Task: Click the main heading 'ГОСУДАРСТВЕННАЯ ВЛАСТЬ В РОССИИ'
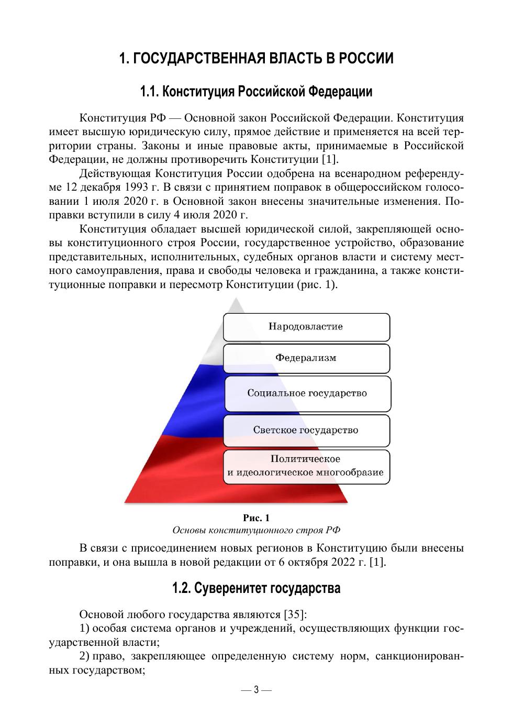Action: pos(256,58)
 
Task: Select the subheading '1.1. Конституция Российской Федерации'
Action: pos(256,92)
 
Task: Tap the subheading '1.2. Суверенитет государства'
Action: pos(256,588)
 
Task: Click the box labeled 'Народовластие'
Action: pos(306,327)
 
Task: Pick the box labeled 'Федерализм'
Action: pos(306,358)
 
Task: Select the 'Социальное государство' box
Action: pos(307,393)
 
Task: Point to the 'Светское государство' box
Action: pos(306,431)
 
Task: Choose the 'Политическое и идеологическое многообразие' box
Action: pos(306,466)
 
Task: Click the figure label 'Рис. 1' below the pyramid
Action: pos(256,518)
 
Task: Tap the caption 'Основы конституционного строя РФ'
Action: pos(256,530)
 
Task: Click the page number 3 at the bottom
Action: pos(256,689)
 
